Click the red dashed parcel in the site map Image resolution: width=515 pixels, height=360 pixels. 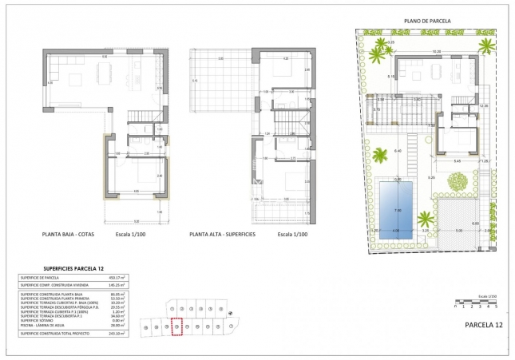177,326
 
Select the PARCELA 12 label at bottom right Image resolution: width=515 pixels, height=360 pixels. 484,326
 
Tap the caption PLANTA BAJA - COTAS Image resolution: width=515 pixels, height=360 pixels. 73,235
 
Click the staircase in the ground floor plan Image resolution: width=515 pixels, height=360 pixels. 142,117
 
